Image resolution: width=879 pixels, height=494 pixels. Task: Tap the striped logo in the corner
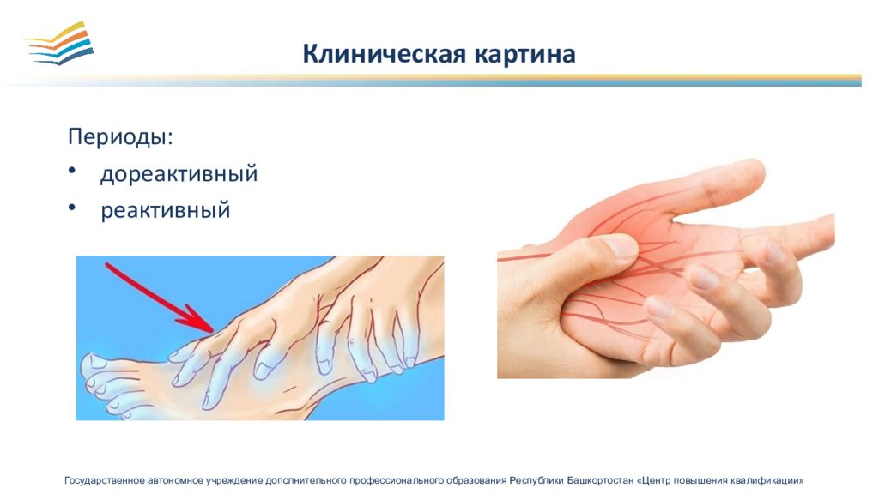coord(60,43)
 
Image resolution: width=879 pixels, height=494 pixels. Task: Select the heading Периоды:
coord(120,136)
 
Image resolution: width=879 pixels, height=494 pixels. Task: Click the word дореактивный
coord(179,173)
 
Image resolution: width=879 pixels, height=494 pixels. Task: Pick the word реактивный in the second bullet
coord(166,211)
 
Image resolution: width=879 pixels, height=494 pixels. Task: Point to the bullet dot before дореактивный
coord(72,171)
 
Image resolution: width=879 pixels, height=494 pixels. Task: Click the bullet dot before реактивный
coord(72,208)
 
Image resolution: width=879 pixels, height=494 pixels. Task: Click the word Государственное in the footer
coord(105,480)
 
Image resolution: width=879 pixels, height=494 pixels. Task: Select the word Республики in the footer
coord(536,480)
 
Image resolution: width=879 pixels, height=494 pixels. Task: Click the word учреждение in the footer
coord(234,480)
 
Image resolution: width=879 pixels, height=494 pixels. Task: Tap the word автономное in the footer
coord(175,480)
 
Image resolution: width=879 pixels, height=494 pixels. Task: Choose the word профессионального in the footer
coord(396,480)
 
